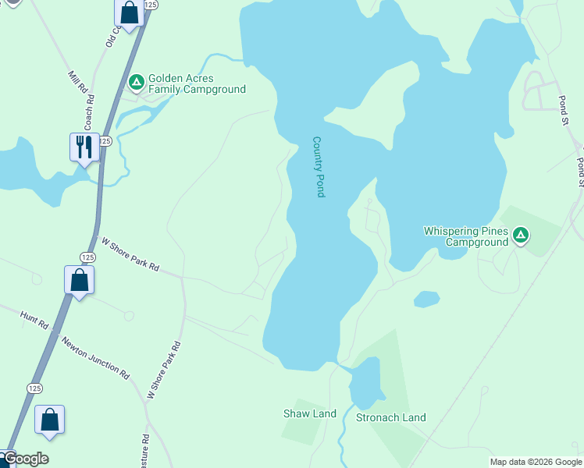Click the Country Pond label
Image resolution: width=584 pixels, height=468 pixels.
(x=318, y=167)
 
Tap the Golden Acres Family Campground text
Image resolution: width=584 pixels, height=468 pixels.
(x=198, y=84)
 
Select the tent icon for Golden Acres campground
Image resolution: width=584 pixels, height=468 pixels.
(x=136, y=80)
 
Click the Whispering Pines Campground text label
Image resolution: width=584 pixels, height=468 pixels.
(x=465, y=236)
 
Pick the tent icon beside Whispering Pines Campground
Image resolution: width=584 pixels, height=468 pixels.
(x=521, y=234)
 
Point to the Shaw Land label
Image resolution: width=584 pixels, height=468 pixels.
(x=309, y=413)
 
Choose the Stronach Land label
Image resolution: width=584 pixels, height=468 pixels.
(x=391, y=417)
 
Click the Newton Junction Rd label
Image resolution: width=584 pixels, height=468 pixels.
(x=95, y=358)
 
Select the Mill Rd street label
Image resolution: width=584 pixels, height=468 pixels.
(x=77, y=83)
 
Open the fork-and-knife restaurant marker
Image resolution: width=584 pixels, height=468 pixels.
(x=84, y=146)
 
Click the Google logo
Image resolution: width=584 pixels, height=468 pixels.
(x=25, y=459)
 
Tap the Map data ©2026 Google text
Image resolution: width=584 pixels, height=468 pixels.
(x=536, y=462)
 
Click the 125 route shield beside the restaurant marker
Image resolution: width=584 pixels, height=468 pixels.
(x=106, y=140)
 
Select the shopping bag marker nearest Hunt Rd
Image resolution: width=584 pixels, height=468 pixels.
(x=80, y=279)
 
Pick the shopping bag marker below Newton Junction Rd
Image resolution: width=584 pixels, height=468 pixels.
(x=50, y=419)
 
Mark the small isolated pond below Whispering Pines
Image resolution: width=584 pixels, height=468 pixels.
(x=426, y=299)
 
